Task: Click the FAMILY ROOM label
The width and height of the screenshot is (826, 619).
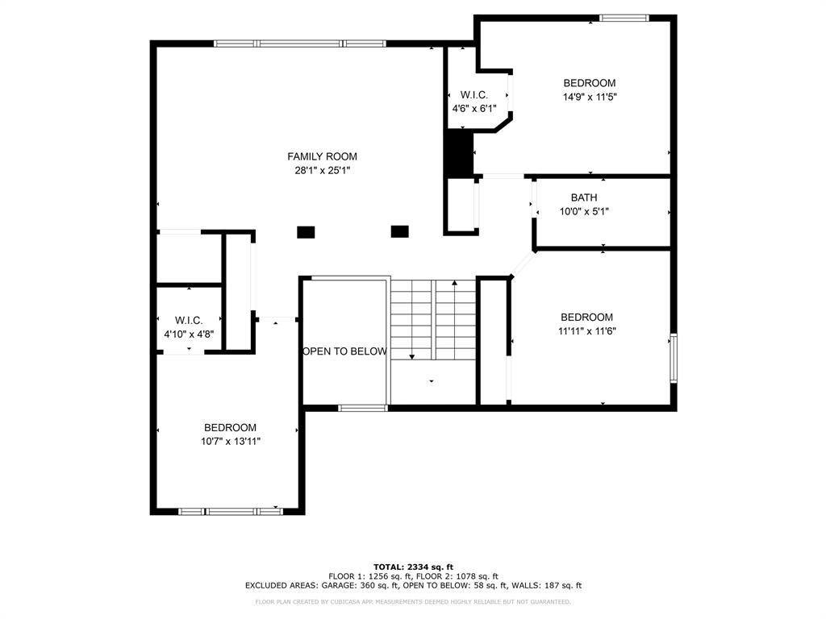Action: point(322,156)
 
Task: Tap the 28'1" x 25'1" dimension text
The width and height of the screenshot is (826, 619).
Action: point(323,170)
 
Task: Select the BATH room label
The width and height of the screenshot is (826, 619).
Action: point(584,197)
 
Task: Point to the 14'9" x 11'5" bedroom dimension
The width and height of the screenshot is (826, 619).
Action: point(590,97)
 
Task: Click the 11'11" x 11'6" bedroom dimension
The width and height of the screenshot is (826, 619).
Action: point(587,331)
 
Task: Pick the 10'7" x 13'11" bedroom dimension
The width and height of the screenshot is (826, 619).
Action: point(231,442)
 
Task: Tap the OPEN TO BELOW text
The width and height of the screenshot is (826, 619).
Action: point(345,351)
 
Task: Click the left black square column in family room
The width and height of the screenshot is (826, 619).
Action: point(306,232)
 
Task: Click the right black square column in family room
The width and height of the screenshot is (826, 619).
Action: point(400,231)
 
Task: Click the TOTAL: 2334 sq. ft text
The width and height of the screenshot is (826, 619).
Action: point(414,567)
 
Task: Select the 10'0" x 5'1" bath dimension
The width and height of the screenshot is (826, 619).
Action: point(584,212)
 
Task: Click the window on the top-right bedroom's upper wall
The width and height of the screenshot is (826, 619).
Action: point(624,18)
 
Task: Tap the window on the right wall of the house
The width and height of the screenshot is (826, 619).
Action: point(674,358)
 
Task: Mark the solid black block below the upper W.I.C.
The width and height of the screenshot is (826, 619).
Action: point(459,152)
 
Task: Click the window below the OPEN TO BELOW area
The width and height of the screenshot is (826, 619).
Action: point(362,408)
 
